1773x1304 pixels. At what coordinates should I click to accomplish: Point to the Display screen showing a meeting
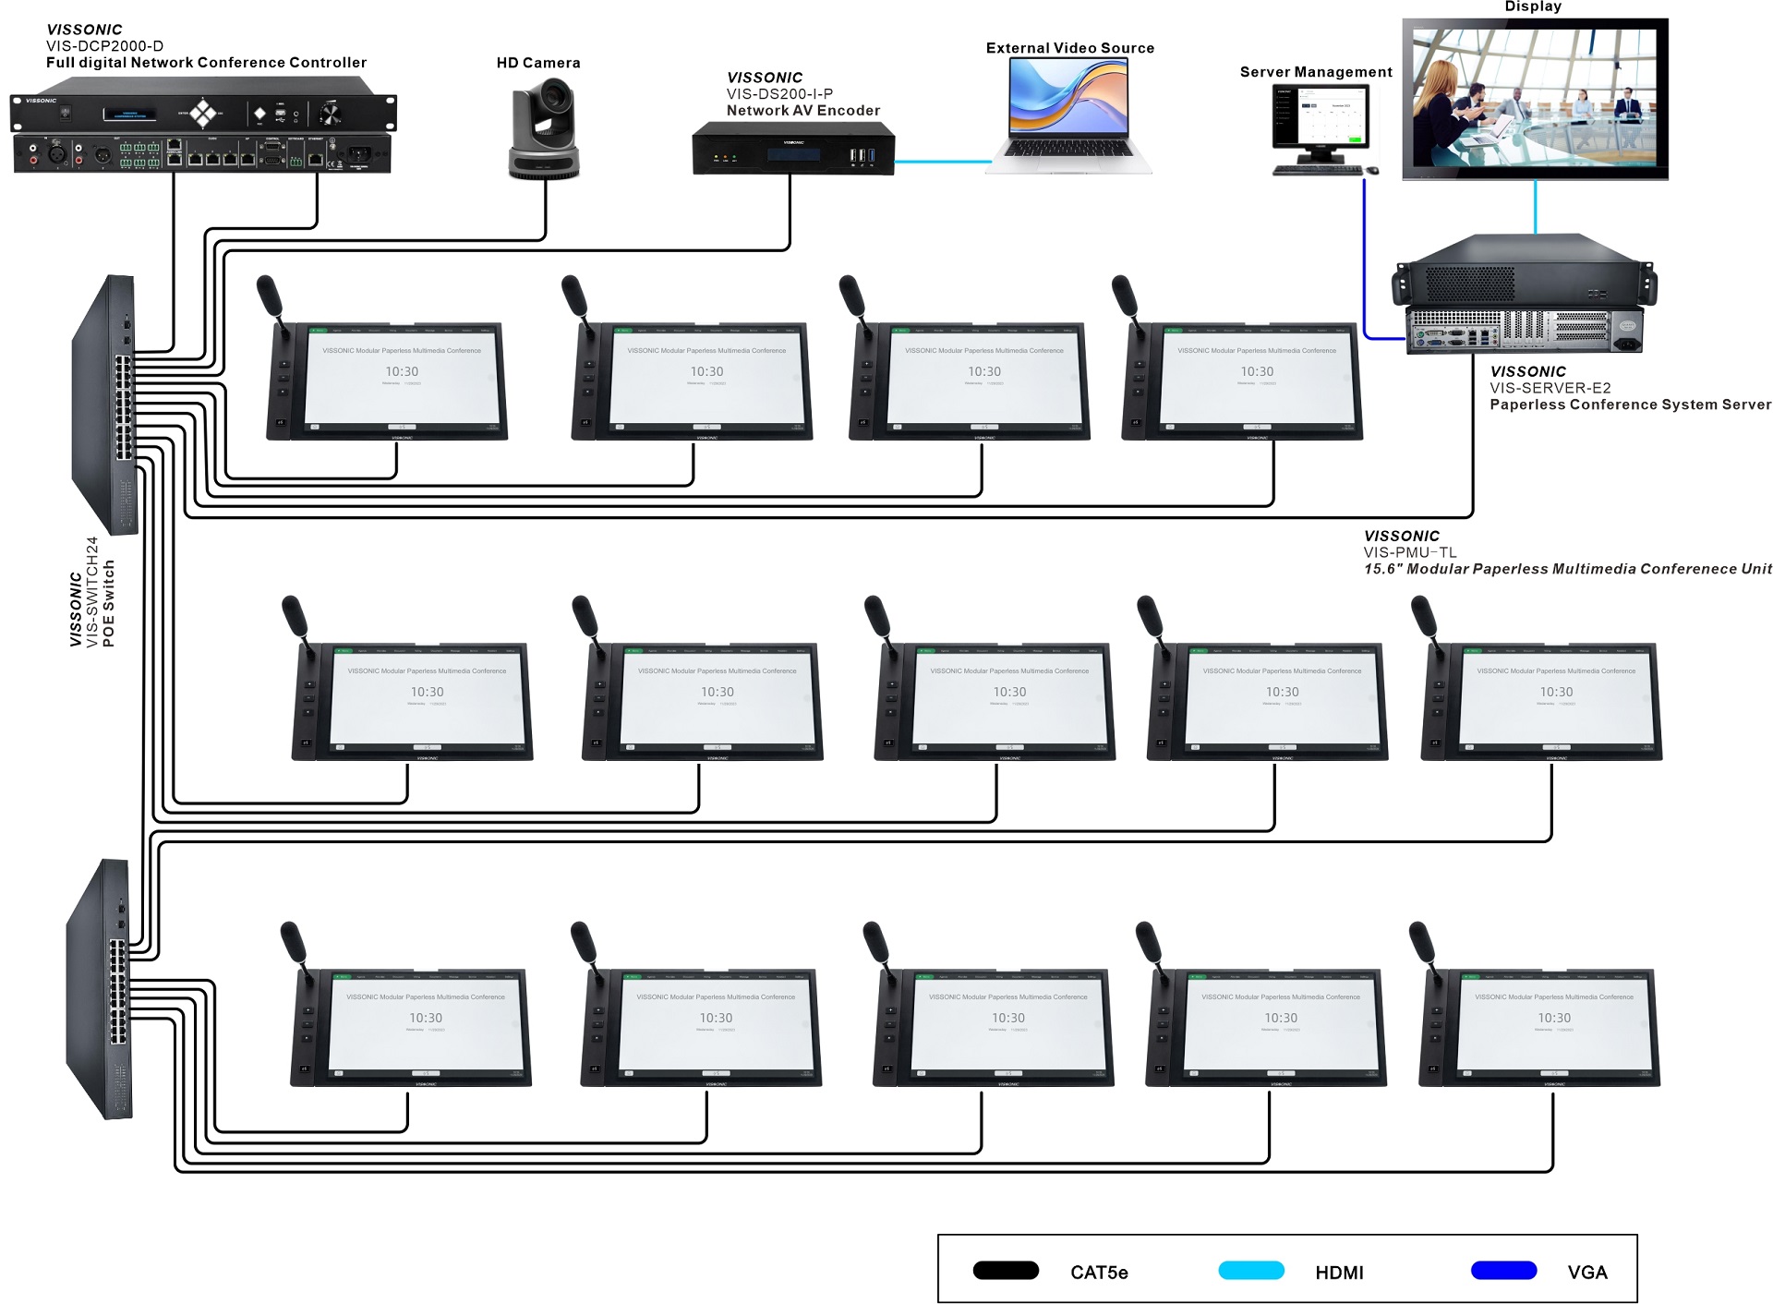(x=1535, y=99)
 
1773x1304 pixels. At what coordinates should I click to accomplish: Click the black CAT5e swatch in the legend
(x=1006, y=1271)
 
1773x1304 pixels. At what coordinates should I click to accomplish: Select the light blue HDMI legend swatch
(x=1251, y=1271)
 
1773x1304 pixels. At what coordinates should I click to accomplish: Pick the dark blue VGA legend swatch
(x=1503, y=1271)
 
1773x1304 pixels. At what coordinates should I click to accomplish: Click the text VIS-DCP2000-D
(x=104, y=46)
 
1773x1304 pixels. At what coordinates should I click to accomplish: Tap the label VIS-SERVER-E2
(x=1550, y=388)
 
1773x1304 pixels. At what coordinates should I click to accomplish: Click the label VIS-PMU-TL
(x=1409, y=552)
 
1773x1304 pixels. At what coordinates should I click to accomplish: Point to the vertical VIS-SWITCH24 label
(x=92, y=591)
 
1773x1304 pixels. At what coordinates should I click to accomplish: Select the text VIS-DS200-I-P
(x=779, y=93)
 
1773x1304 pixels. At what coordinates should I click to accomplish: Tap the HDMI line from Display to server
(x=1535, y=207)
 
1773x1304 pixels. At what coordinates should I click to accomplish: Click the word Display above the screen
(x=1533, y=6)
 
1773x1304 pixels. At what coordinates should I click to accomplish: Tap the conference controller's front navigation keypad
(x=203, y=114)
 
